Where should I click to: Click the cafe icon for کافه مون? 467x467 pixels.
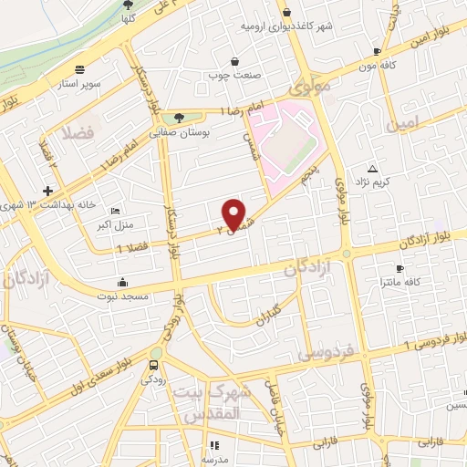376,52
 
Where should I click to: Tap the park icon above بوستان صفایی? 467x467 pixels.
179,117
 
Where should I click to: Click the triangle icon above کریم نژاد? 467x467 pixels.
372,169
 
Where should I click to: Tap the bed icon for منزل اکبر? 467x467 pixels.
113,209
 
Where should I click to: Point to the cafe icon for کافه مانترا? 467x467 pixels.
400,268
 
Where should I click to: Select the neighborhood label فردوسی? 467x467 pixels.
320,351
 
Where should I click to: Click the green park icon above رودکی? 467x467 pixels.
156,353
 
